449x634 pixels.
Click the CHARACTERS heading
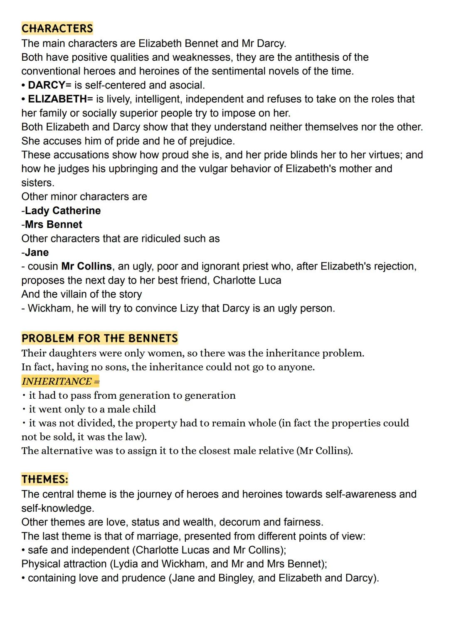click(57, 28)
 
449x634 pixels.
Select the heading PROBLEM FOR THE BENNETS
click(99, 338)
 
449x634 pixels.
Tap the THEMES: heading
click(44, 479)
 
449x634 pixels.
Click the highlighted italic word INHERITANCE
click(57, 381)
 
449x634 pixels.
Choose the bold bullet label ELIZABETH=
click(60, 99)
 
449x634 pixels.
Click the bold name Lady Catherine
click(63, 210)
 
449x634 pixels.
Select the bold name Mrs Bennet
click(54, 224)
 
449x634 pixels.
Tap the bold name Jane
click(37, 252)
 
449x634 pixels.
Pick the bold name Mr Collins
click(86, 266)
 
